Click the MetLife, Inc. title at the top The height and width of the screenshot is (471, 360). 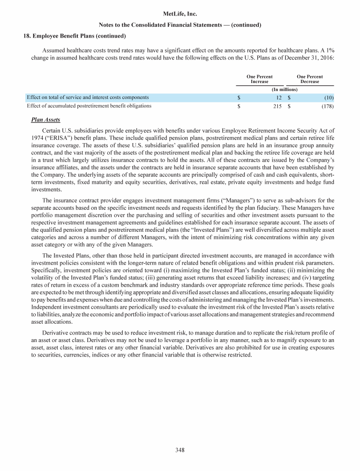point(180,15)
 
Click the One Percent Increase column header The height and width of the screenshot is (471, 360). point(259,79)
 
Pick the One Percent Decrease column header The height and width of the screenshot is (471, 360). point(309,79)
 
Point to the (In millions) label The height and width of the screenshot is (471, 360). point(285,89)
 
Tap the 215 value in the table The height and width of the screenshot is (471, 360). point(277,106)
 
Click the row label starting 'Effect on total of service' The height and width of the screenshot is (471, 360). point(88,98)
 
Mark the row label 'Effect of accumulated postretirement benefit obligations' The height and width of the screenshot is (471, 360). point(89,106)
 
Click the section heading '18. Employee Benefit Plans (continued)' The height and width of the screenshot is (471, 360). point(75,36)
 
